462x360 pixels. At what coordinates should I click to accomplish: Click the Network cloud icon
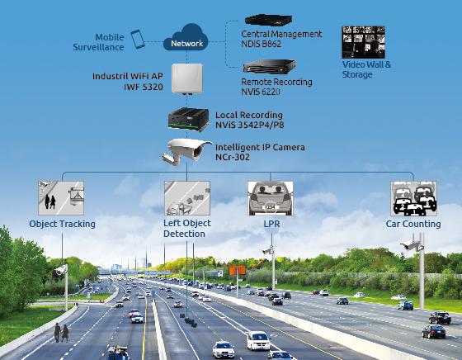click(186, 38)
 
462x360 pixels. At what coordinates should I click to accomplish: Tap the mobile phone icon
click(138, 39)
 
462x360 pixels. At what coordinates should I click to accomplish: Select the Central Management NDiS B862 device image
click(268, 20)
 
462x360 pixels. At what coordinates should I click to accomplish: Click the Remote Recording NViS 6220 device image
click(269, 67)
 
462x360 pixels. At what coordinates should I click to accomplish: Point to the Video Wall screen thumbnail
click(363, 42)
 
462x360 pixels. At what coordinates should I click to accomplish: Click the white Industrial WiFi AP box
click(187, 78)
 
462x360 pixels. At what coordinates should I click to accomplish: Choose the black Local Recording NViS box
click(188, 119)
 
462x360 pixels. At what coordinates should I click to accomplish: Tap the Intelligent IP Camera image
click(186, 152)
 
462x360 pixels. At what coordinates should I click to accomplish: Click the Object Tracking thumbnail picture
click(61, 198)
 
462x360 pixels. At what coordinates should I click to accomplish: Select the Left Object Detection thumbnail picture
click(187, 198)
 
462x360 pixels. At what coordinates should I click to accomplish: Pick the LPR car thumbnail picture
click(271, 198)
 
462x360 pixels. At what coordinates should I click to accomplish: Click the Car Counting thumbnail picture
click(413, 198)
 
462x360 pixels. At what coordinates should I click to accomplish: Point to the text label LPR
click(271, 224)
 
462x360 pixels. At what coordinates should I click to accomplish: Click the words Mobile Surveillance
click(98, 42)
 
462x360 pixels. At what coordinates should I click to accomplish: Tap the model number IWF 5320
click(144, 87)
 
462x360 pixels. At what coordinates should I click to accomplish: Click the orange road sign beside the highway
click(238, 270)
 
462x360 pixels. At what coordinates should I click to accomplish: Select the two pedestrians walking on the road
click(61, 333)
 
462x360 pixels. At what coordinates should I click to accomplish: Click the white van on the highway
click(258, 340)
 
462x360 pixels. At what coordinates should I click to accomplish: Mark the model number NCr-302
click(233, 157)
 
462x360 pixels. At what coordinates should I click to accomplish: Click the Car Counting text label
click(413, 224)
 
